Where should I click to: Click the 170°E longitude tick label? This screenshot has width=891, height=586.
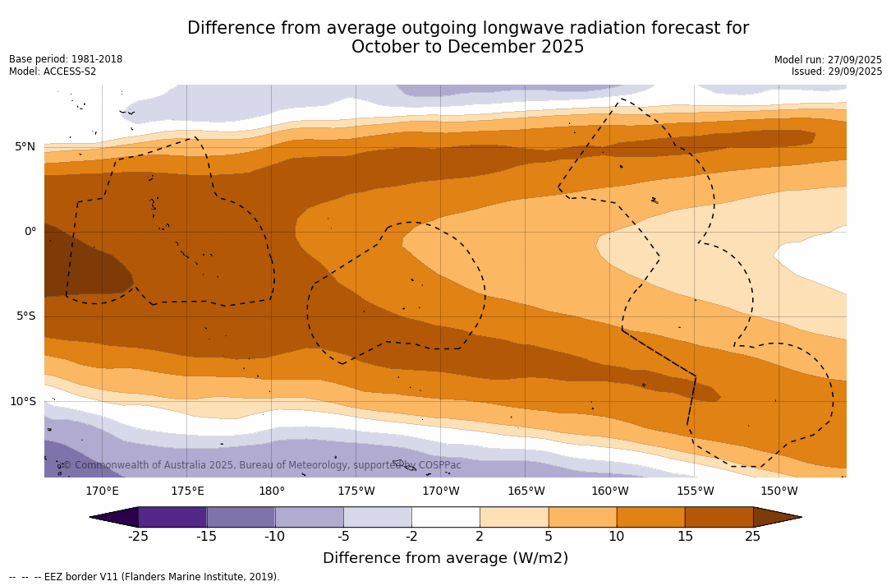point(102,491)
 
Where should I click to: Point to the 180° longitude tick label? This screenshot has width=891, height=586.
point(272,491)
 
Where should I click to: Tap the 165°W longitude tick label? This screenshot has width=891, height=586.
point(526,491)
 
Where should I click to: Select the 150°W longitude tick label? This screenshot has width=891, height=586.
point(778,491)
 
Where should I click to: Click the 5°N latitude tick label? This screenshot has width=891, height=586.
point(25,147)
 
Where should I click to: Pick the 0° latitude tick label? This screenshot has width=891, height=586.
point(30,232)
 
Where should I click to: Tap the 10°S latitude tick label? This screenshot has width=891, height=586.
point(22,402)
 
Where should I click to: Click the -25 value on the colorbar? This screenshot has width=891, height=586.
point(138,537)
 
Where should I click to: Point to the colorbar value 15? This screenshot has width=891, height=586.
point(684,537)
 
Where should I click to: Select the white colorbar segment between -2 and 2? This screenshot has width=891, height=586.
point(445,517)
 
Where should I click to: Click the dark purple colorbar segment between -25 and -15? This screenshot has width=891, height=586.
point(172,517)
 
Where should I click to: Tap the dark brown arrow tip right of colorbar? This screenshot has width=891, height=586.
point(775,517)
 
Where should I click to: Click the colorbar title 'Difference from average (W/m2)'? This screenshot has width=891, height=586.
point(445,559)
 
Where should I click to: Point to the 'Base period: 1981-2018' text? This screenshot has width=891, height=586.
point(66,59)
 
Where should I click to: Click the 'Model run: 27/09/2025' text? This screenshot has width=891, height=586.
point(828,60)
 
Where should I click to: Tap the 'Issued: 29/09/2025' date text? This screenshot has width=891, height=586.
point(837,72)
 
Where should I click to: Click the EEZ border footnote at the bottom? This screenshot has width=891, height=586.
point(145,577)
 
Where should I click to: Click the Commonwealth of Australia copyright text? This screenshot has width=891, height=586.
point(261,465)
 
